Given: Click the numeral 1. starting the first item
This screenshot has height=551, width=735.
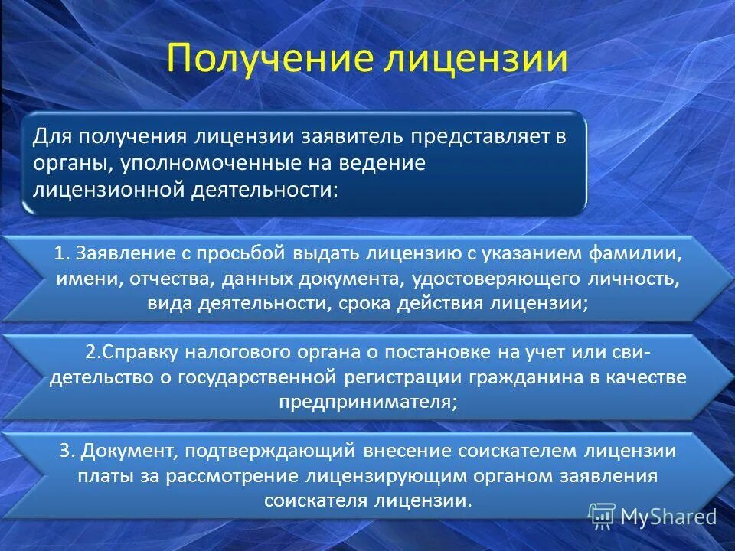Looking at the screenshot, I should point(62,253).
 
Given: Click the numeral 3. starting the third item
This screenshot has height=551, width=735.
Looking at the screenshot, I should point(67,451).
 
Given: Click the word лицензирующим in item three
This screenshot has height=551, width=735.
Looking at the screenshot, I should point(385,476).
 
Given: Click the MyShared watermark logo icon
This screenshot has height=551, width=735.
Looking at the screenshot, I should point(602,517).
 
